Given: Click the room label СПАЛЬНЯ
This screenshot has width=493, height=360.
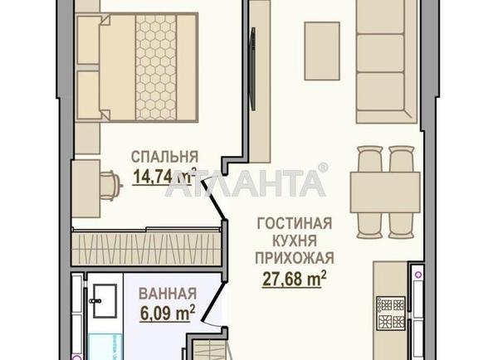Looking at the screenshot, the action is click(164, 157).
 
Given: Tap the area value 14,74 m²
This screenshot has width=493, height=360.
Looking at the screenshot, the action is click(164, 176).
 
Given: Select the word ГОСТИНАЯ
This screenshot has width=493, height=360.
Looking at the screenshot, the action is click(295, 223).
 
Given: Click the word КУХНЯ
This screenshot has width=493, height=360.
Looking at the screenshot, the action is click(295, 241).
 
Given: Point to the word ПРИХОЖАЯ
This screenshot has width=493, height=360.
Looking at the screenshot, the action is click(295, 259).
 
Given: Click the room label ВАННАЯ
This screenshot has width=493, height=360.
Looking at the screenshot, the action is click(168, 294).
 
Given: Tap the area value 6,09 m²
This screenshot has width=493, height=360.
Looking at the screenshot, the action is click(168, 313).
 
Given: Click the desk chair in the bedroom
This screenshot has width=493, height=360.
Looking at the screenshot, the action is click(110, 186).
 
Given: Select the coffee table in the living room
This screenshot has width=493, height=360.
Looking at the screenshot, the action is click(322, 51).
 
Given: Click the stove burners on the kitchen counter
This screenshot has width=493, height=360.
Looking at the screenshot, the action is click(391, 314).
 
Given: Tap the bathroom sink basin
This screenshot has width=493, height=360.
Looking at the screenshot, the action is click(105, 301).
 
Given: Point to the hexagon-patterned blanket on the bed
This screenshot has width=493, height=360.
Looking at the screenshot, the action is click(156, 67).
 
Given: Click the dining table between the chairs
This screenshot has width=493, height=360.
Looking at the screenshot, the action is click(385, 192).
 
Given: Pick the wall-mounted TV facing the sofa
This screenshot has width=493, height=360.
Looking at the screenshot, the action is click(251, 69).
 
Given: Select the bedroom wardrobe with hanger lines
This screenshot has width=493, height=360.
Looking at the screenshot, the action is click(146, 248).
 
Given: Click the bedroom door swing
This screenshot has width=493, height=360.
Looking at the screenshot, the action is click(213, 197).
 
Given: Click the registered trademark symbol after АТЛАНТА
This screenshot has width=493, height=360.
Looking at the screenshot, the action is click(322, 168).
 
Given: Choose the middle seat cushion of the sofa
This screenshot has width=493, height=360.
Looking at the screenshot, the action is click(380, 53).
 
